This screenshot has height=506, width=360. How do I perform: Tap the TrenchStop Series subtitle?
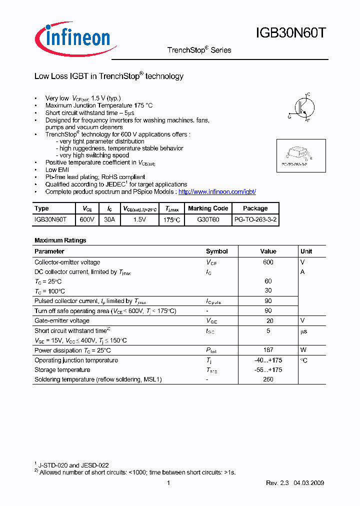tap(198, 50)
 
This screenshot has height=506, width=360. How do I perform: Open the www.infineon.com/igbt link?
tap(217, 191)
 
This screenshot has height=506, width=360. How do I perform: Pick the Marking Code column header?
tap(208, 208)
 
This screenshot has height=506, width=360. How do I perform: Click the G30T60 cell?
tap(208, 219)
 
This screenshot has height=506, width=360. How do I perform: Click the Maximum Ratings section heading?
tap(60, 240)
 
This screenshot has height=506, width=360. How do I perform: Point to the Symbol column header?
tap(216, 251)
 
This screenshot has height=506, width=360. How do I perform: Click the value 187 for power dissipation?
tap(268, 350)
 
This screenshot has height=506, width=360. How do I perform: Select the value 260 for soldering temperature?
tap(268, 379)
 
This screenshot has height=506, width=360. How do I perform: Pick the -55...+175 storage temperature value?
tap(268, 370)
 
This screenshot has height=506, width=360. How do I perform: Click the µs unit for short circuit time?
tap(303, 331)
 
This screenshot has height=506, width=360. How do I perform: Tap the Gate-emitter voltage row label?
tap(62, 320)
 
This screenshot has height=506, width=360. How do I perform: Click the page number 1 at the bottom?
tap(168, 483)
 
